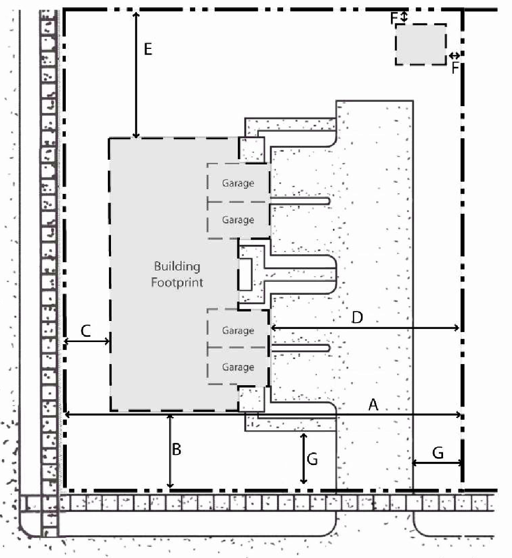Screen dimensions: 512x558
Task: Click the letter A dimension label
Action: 373,405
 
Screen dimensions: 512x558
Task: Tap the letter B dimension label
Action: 176,449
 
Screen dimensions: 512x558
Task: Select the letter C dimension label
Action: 86,331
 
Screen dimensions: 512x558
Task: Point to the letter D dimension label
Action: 357,317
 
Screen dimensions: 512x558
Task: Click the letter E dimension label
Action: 148,49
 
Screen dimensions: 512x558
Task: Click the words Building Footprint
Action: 177,274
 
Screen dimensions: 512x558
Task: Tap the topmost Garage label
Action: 238,183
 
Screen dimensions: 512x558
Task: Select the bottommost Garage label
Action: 238,367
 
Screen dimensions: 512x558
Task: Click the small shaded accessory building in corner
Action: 421,45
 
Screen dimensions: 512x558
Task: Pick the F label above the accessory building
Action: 394,18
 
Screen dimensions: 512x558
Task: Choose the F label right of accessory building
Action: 455,68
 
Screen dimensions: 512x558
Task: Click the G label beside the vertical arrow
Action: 312,459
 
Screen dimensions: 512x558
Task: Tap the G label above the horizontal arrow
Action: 438,453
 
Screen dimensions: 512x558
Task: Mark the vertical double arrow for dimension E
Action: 136,75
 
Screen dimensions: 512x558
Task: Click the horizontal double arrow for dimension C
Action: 87,342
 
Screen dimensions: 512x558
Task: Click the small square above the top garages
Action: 252,149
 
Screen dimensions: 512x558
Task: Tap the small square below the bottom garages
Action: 252,399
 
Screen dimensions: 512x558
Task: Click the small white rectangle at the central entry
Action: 245,274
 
